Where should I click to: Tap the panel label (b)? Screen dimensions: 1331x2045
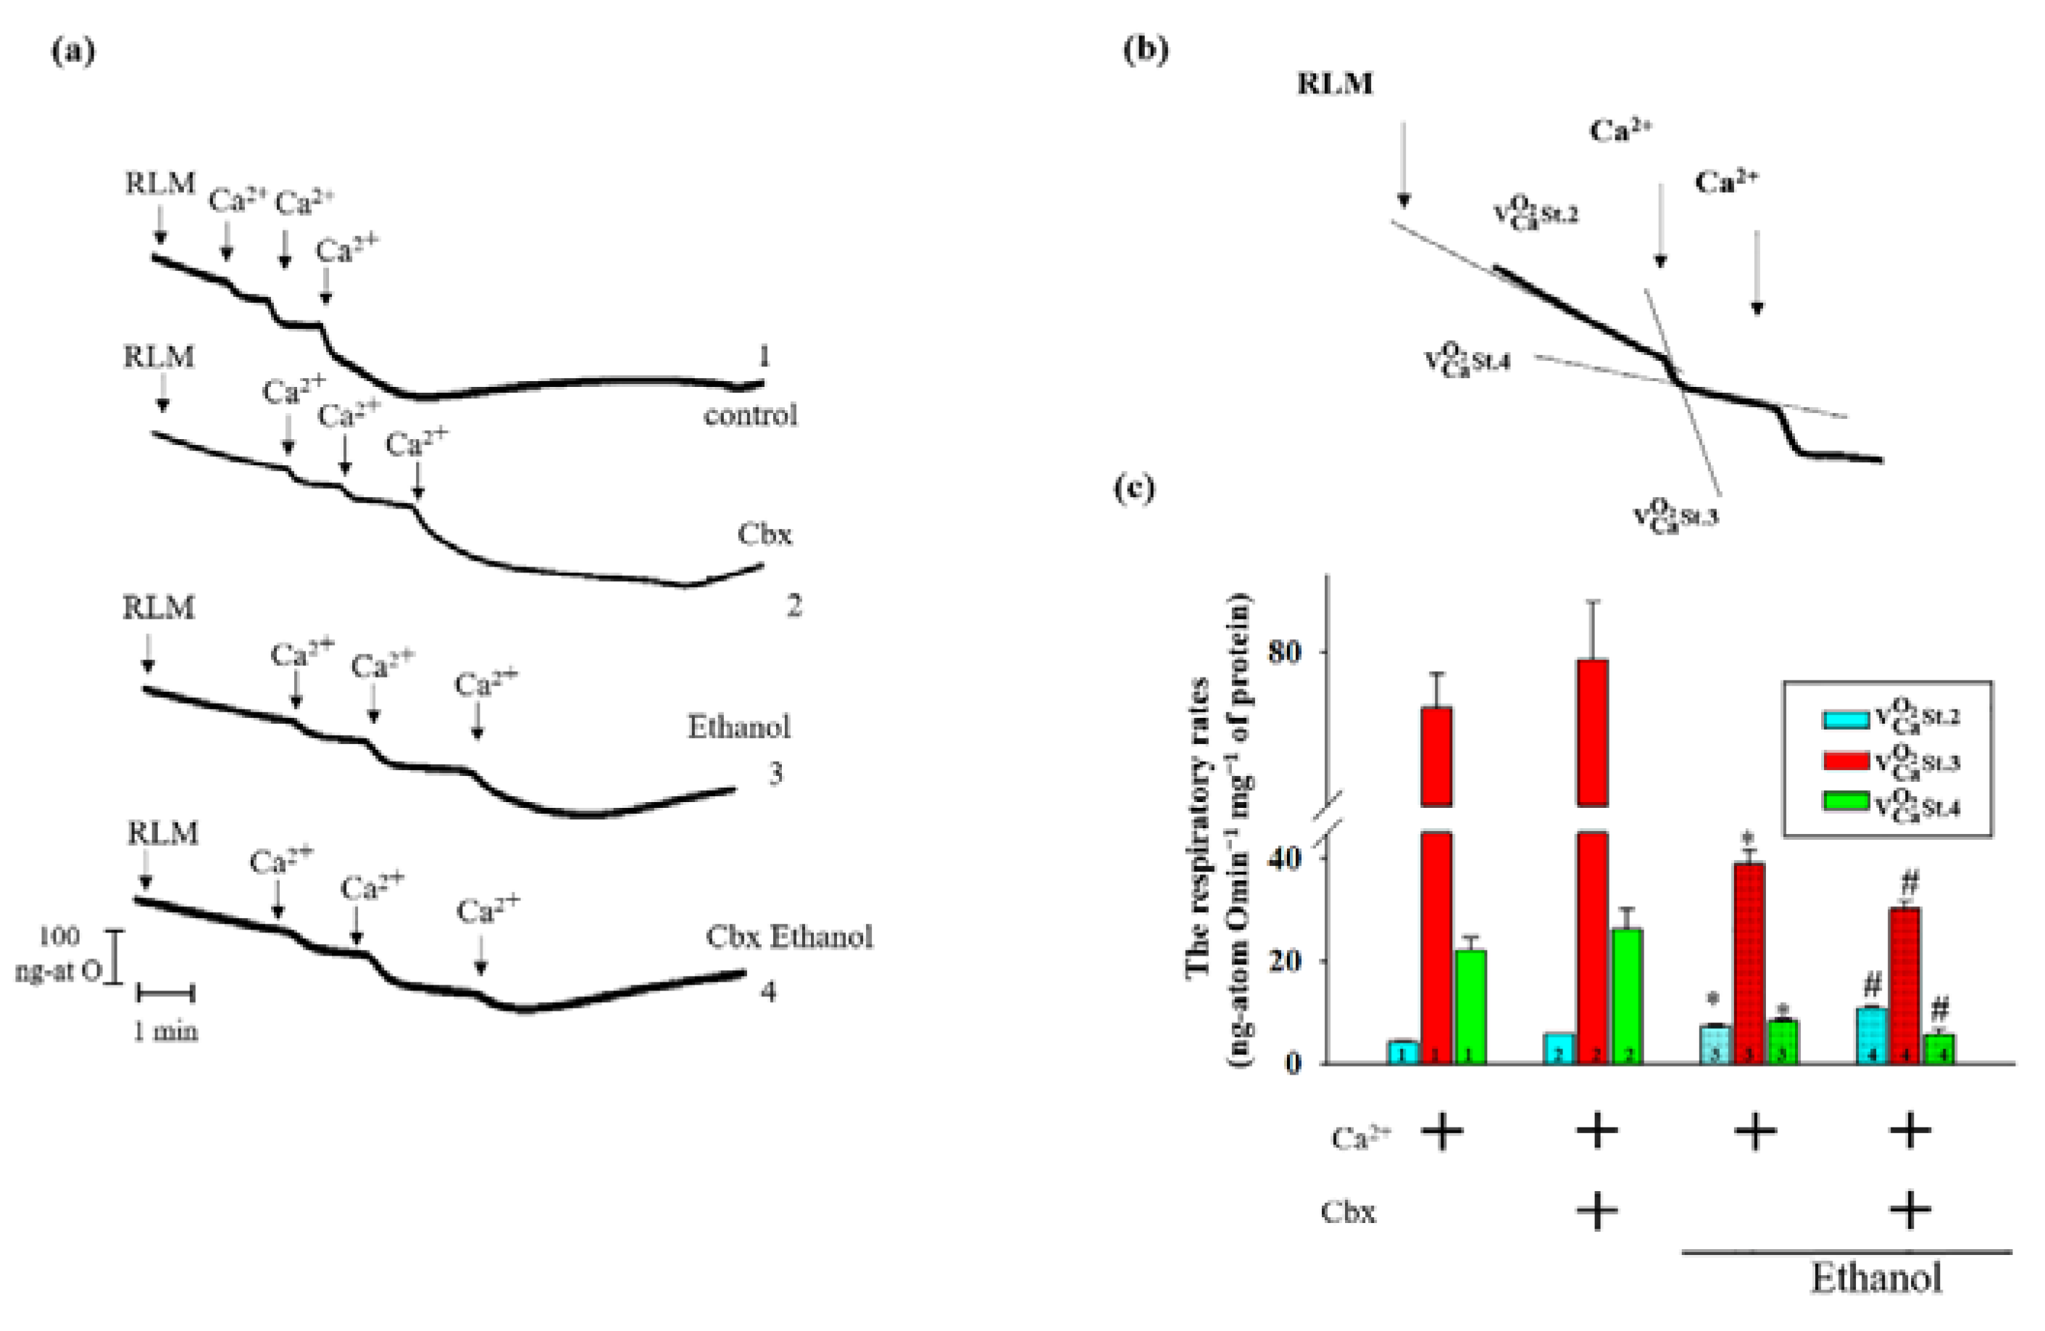click(1146, 51)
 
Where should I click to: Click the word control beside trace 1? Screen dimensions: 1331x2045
click(750, 416)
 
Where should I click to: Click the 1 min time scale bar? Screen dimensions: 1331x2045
click(166, 994)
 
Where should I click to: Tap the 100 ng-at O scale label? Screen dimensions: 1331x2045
click(59, 954)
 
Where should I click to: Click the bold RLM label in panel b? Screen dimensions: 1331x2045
click(1334, 83)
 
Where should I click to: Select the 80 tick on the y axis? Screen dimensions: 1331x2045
click(1286, 651)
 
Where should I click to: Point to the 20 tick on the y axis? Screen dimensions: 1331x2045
click(1286, 961)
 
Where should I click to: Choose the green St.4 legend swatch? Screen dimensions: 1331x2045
click(1846, 801)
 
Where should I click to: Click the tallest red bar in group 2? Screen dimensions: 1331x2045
click(1592, 730)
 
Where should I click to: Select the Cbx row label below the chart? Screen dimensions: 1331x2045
click(1348, 1211)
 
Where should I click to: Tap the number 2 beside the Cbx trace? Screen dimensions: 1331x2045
click(794, 606)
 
